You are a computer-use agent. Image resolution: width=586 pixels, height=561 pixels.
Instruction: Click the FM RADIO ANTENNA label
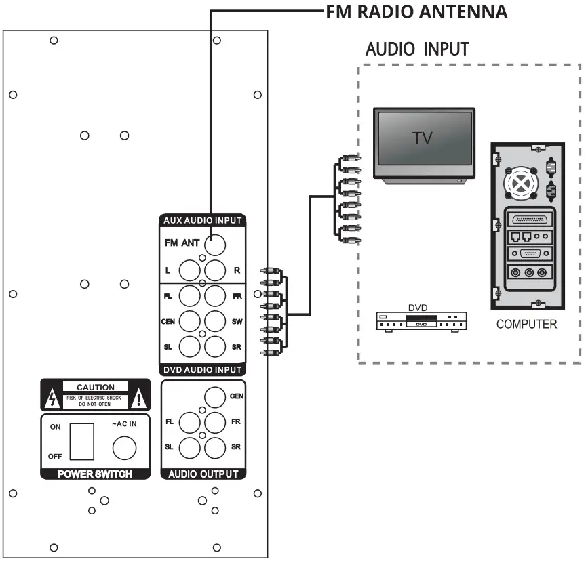(x=416, y=12)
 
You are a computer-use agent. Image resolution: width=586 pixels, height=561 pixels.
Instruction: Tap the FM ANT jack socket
(x=216, y=242)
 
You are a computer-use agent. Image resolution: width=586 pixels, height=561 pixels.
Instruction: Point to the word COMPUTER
(x=526, y=325)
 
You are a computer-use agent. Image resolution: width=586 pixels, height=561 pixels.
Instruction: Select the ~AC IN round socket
(x=124, y=447)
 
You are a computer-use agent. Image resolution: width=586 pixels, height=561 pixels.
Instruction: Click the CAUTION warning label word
(x=95, y=387)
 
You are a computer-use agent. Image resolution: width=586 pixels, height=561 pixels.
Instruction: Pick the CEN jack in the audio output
(x=215, y=396)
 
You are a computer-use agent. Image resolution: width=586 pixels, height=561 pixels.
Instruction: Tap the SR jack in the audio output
(x=215, y=447)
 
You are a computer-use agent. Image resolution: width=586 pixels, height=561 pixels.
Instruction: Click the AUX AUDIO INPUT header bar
(x=203, y=221)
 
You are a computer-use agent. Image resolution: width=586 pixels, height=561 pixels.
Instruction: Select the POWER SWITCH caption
(x=94, y=474)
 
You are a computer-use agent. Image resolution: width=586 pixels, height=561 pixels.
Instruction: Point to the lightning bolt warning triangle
(x=50, y=398)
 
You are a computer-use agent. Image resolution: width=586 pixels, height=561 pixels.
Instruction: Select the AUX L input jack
(x=190, y=270)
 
